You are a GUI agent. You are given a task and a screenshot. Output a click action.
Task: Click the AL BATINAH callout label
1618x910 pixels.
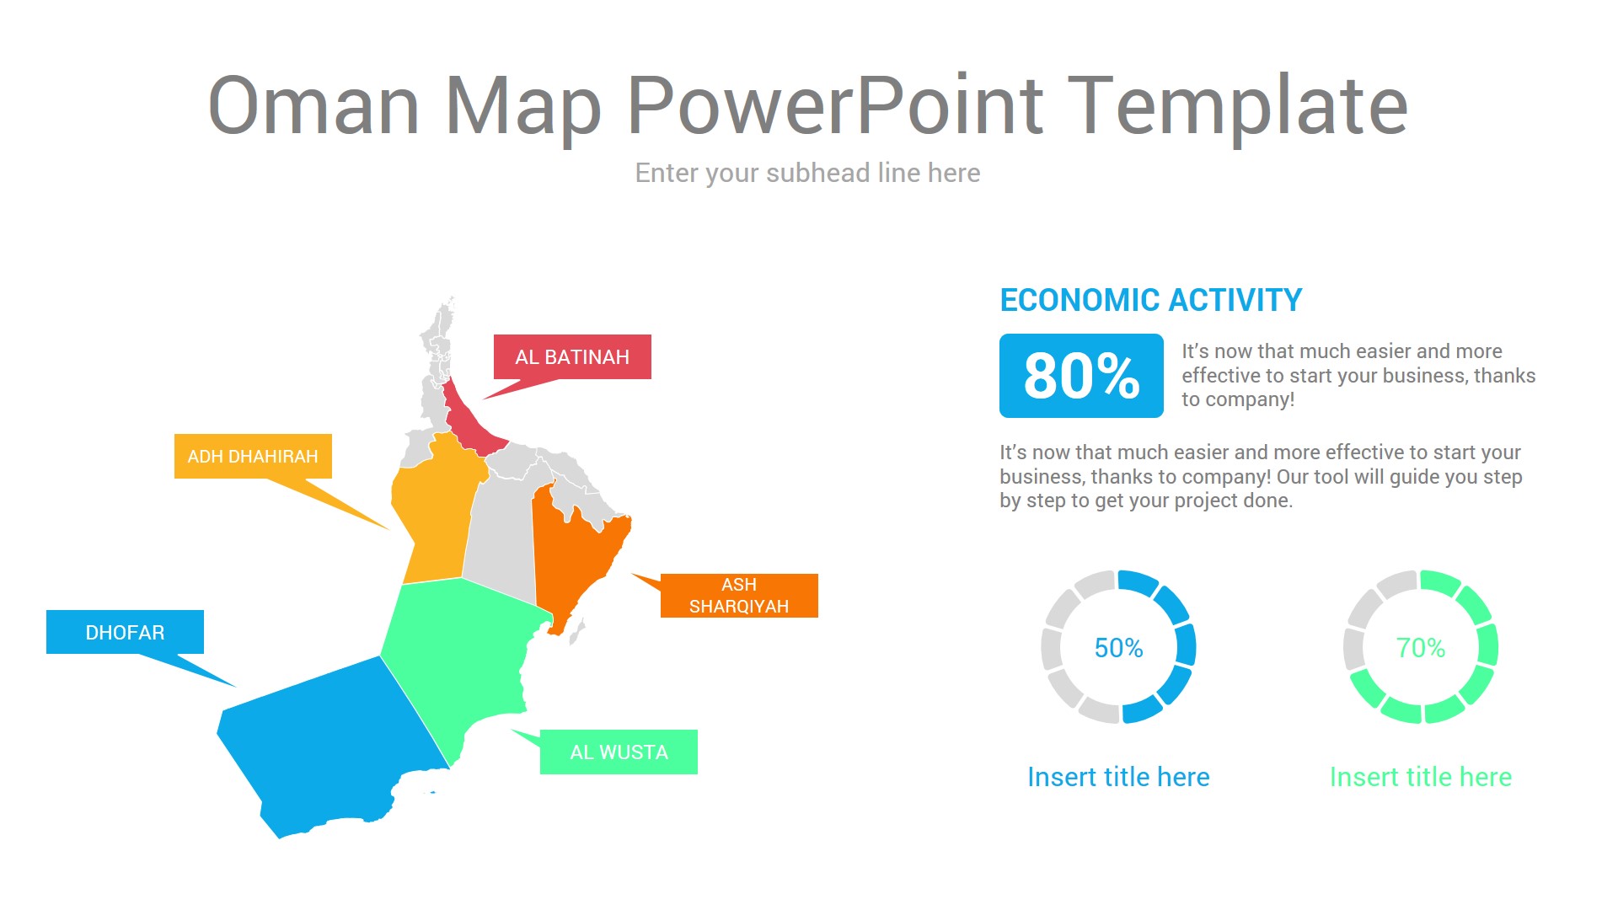click(572, 357)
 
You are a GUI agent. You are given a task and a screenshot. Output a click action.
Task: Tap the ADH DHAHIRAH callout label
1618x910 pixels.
click(253, 457)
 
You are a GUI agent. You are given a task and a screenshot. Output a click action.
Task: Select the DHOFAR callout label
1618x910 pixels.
click(125, 633)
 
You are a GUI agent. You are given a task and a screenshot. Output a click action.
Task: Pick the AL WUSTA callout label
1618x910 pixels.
click(619, 752)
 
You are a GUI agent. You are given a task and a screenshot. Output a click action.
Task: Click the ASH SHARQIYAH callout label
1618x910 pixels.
click(739, 596)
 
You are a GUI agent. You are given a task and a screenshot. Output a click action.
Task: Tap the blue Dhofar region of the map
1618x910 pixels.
click(329, 741)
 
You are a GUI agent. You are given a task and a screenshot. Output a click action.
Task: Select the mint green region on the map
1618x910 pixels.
click(455, 657)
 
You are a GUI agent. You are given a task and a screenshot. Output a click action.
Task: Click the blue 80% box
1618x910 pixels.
click(1081, 376)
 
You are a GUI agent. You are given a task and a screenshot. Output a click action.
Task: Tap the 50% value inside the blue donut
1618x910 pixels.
click(1118, 648)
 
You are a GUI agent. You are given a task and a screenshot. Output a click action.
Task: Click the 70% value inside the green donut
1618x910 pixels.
click(1420, 648)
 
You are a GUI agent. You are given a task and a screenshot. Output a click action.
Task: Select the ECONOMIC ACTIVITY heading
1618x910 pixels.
click(1150, 300)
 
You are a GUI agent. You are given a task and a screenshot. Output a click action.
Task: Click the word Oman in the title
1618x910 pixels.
click(313, 105)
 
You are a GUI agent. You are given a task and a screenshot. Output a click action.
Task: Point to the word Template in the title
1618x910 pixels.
click(1237, 105)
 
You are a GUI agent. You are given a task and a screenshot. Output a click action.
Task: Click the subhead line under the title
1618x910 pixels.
click(807, 173)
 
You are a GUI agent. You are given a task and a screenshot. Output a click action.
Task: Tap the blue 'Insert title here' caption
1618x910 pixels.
click(1118, 777)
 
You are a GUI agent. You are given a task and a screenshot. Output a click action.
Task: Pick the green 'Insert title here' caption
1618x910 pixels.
click(1420, 777)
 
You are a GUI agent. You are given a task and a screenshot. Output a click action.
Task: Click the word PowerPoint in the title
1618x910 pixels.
click(835, 105)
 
